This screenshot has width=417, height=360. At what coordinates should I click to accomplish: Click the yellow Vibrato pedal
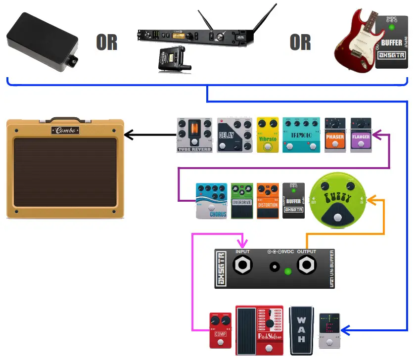coord(268,135)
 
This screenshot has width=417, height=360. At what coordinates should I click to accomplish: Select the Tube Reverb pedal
coord(194,135)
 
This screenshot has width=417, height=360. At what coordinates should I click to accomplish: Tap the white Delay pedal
coord(234,135)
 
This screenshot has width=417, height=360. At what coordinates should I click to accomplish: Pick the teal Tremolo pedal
coord(301,135)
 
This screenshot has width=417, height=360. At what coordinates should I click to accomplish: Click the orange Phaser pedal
coord(335,135)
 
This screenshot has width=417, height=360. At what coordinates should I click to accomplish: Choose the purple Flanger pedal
coord(361,135)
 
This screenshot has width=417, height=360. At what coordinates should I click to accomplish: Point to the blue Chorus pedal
coord(211,201)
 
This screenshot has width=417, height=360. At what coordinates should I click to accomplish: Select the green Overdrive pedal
coord(242,201)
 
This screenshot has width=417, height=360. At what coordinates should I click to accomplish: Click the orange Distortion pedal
coord(268,201)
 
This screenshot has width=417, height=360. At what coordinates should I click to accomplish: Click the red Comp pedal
coord(220,330)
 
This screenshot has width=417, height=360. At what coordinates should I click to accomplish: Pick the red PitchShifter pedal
coord(260,330)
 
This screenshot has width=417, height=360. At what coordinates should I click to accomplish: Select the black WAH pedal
coord(301,330)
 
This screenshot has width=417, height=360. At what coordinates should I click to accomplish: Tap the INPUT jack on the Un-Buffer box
coord(242,266)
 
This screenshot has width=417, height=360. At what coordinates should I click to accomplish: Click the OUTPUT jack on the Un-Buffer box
coord(306,266)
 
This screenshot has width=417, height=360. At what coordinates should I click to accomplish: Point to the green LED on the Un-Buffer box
coord(287,271)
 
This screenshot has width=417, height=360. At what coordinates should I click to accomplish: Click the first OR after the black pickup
coord(107,43)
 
